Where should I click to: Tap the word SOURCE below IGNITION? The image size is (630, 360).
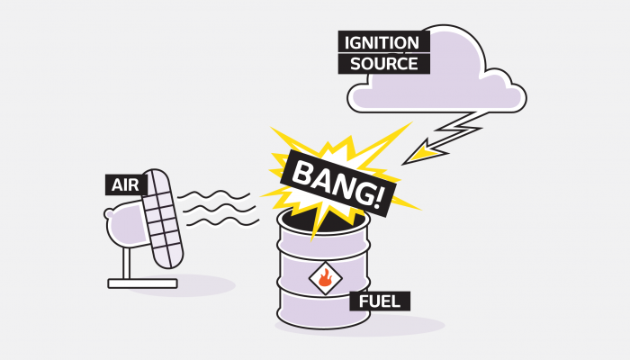click(x=383, y=64)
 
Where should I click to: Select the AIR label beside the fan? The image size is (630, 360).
click(x=125, y=185)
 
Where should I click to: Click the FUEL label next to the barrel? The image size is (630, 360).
click(x=379, y=301)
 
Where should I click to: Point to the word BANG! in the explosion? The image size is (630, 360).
click(x=337, y=184)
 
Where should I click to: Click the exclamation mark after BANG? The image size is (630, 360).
click(x=377, y=199)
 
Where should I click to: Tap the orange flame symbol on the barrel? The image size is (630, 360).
click(x=325, y=277)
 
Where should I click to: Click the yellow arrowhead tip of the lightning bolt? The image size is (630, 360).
click(x=403, y=164)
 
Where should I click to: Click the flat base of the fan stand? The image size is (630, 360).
click(x=142, y=283)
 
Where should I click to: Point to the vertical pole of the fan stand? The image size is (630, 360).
click(x=127, y=263)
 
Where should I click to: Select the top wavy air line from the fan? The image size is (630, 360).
click(x=214, y=195)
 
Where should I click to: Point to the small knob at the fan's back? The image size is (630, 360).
click(x=109, y=213)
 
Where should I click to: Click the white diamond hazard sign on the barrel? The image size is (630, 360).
click(x=326, y=277)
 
